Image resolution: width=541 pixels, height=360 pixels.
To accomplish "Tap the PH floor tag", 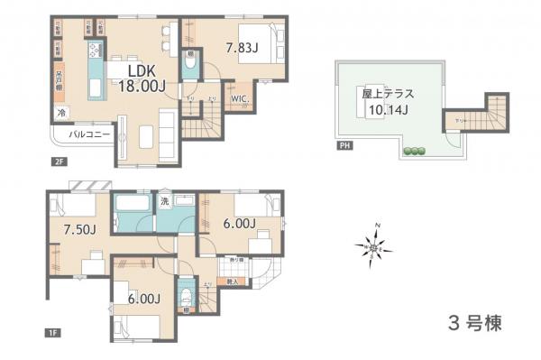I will (x=343, y=146).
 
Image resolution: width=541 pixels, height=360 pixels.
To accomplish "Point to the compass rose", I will (x=377, y=244).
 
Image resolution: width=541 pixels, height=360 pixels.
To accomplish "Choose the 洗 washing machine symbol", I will (x=165, y=202).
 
